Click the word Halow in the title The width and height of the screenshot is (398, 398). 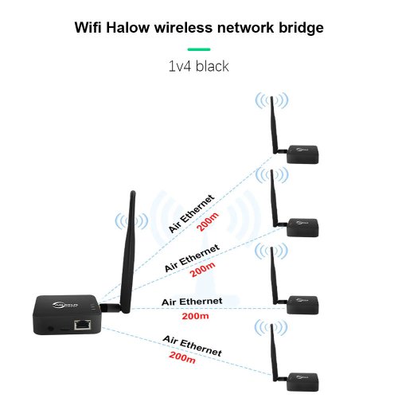point(128,28)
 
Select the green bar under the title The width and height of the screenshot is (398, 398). point(199,49)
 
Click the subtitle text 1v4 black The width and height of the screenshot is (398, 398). point(199,66)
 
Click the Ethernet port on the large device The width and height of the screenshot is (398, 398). point(82,325)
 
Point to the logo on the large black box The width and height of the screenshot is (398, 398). point(65,305)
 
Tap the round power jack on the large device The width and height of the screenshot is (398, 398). point(50,329)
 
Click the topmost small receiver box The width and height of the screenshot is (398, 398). point(302,154)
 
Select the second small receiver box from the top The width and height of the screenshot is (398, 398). point(302,228)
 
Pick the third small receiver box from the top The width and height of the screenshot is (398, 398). point(302,305)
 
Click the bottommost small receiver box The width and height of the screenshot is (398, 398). point(302,382)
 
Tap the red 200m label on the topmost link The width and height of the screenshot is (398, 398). point(208,221)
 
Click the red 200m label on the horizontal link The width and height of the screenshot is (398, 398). point(195,316)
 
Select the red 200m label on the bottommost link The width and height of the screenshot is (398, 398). point(182,357)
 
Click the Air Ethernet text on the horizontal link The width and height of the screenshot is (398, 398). point(192,302)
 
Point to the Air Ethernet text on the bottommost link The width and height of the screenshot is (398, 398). point(193,345)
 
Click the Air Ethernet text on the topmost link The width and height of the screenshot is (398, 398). point(191,214)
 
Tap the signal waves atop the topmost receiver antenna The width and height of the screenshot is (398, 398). point(271,100)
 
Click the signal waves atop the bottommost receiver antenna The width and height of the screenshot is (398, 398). point(271,327)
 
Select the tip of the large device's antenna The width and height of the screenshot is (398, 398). point(133,192)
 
